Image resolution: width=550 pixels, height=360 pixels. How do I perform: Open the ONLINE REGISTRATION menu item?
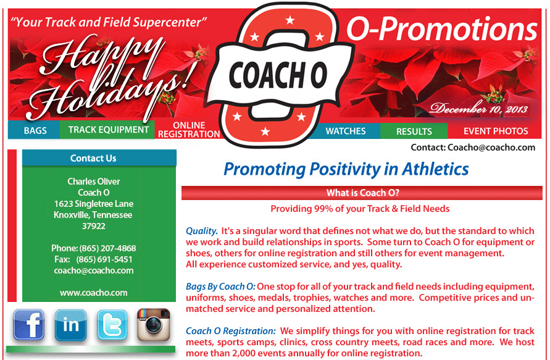coord(189,130)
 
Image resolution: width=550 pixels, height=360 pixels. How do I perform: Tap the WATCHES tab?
coord(346,131)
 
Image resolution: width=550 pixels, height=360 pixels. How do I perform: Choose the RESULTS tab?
coord(414,131)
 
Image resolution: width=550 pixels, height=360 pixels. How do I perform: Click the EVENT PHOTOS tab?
coord(495,131)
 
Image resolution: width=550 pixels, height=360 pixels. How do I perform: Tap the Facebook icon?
coord(29,325)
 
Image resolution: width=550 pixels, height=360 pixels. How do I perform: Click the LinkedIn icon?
coord(70,325)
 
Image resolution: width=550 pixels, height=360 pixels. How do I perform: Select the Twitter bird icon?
coord(112,325)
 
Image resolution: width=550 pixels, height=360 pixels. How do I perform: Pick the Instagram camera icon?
coord(153,325)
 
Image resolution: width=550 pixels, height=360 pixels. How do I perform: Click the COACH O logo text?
coord(278,75)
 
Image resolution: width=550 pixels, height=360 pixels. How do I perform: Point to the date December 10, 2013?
coord(479,109)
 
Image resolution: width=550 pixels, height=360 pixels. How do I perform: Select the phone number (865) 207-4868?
coord(107,248)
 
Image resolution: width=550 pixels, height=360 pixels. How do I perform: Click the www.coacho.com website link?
coord(94,293)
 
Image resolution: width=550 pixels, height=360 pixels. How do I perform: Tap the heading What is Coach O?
coord(362,193)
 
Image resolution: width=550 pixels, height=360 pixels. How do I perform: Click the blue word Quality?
coord(202,231)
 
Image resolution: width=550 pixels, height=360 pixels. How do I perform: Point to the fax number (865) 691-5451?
coord(104,259)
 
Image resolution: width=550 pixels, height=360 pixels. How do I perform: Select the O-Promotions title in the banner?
coord(442,29)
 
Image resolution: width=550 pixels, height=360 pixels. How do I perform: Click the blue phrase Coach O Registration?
coord(231,331)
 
